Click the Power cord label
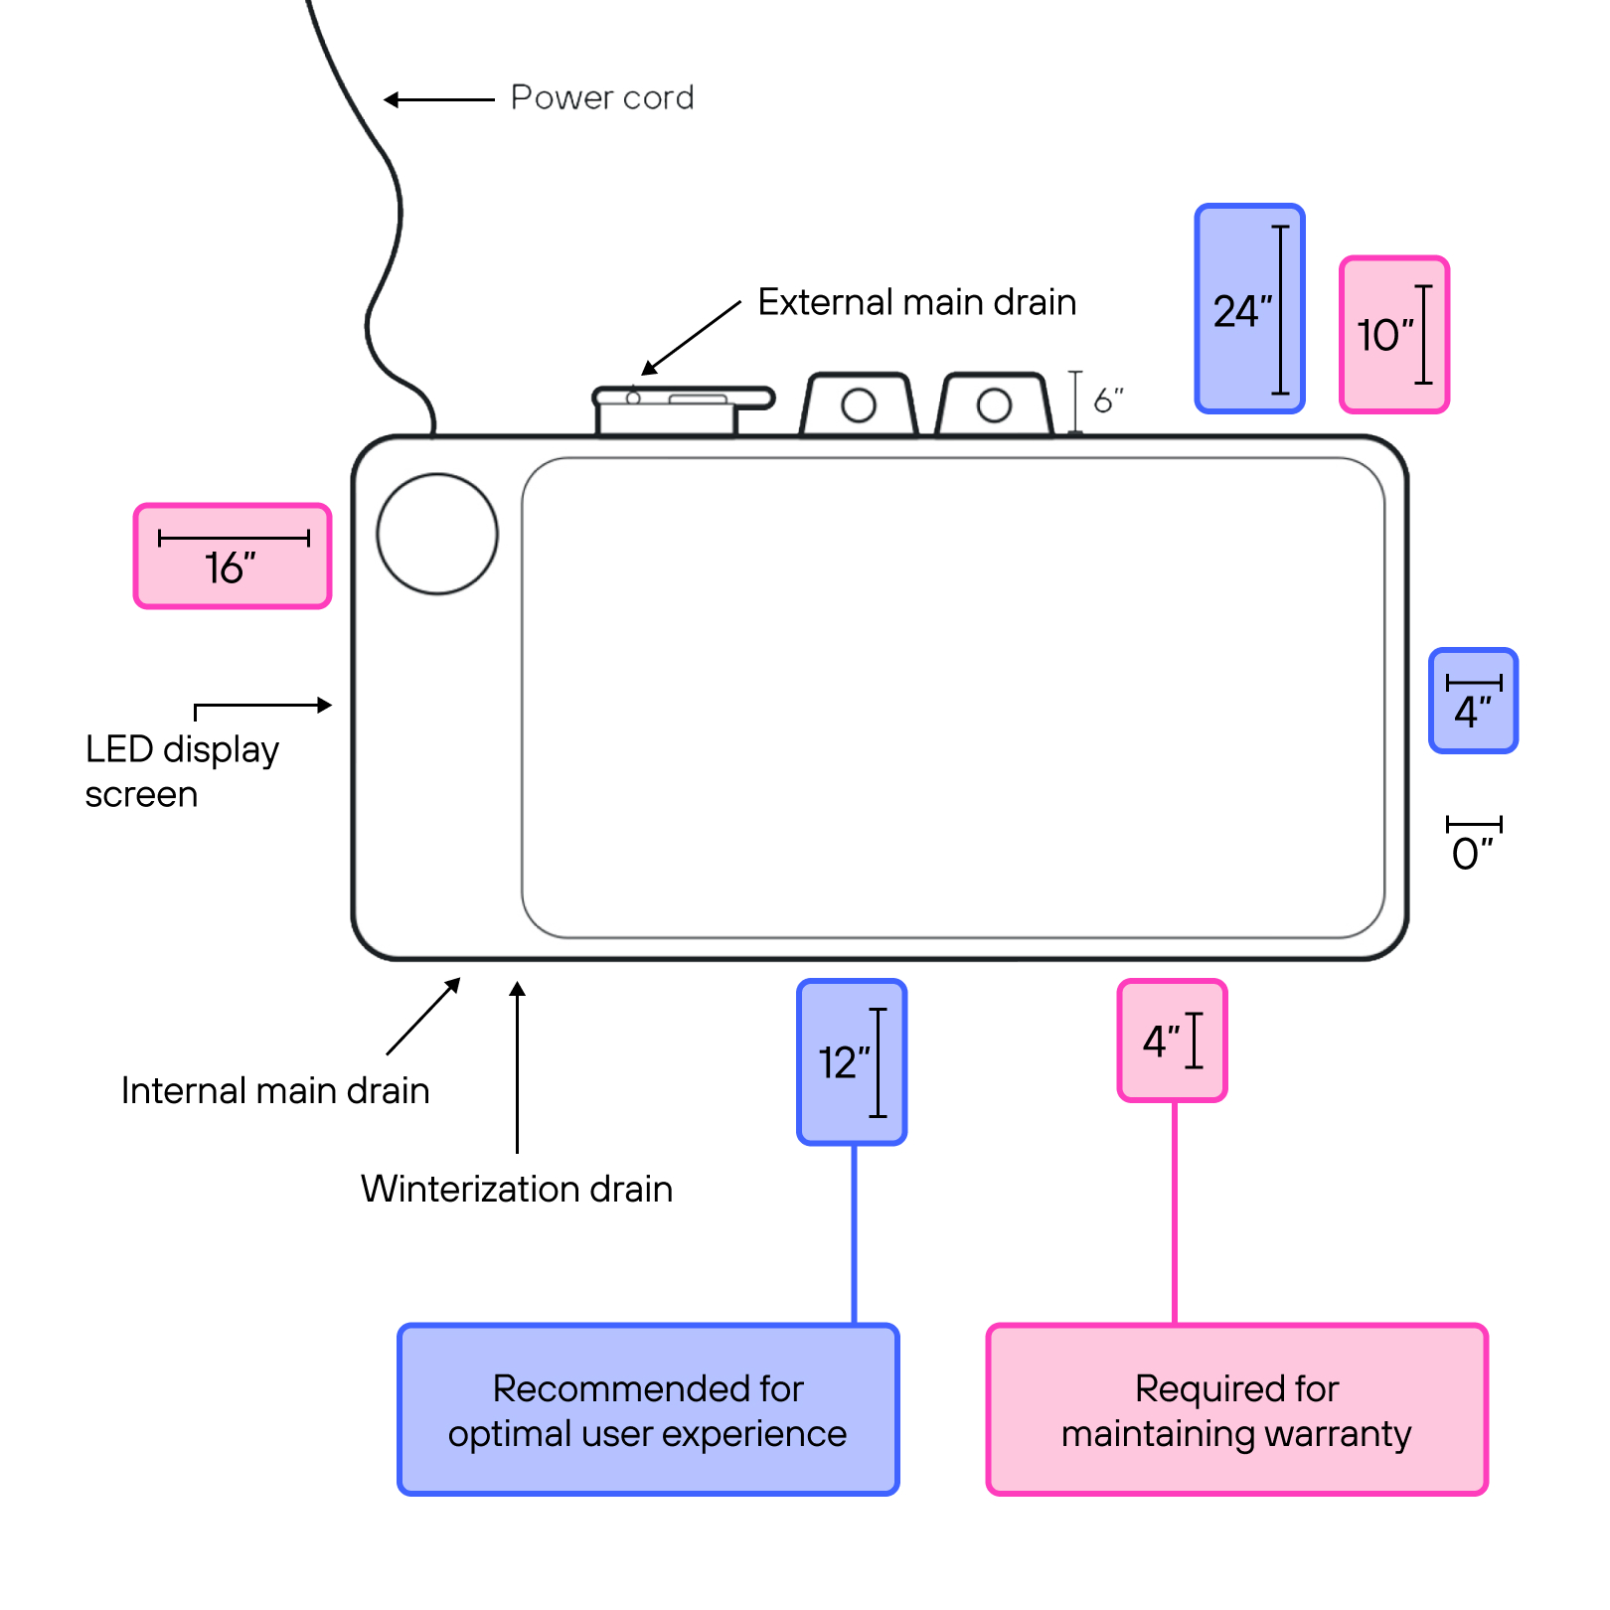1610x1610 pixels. pyautogui.click(x=601, y=97)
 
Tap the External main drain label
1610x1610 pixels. pyautogui.click(x=916, y=302)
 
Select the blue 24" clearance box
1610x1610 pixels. pyautogui.click(x=1249, y=309)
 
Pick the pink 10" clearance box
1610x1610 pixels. pyautogui.click(x=1393, y=335)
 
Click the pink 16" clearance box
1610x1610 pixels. pyautogui.click(x=233, y=557)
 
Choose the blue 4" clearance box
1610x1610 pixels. pyautogui.click(x=1473, y=701)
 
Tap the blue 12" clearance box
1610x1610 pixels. pyautogui.click(x=852, y=1062)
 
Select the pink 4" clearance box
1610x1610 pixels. pyautogui.click(x=1172, y=1041)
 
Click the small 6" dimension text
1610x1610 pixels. pyautogui.click(x=1108, y=401)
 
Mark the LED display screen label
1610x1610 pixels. pyautogui.click(x=181, y=771)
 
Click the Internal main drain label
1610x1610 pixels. pyautogui.click(x=275, y=1090)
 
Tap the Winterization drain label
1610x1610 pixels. pyautogui.click(x=517, y=1189)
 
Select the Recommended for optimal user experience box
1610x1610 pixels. pyautogui.click(x=648, y=1410)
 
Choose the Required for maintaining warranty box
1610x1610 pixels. pyautogui.click(x=1236, y=1410)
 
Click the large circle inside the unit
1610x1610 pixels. pyautogui.click(x=437, y=535)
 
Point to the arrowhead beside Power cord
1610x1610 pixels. pyautogui.click(x=392, y=99)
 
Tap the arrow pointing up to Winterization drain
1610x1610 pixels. pyautogui.click(x=517, y=1063)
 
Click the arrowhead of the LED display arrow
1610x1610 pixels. pyautogui.click(x=324, y=705)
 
